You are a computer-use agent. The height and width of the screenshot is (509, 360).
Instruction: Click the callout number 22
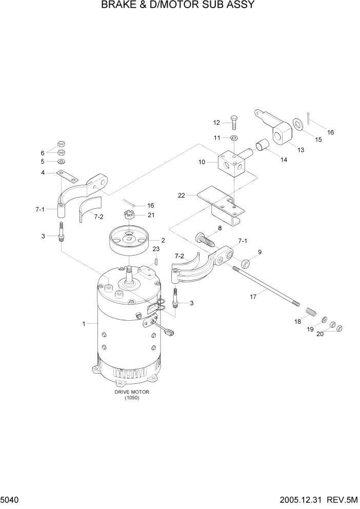181,195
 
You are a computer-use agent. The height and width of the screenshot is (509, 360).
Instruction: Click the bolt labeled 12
233,123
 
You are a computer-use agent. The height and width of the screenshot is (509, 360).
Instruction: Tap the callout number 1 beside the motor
84,324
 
